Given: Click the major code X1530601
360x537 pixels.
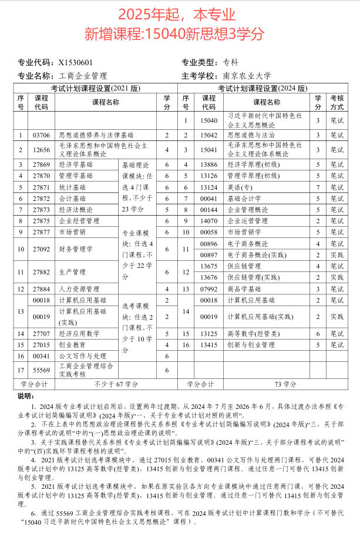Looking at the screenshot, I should tap(75, 63).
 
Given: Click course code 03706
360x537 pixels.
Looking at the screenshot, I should tap(42, 135).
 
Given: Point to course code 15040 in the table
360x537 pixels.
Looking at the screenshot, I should tap(209, 120).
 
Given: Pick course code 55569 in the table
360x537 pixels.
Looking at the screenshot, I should tap(42, 370).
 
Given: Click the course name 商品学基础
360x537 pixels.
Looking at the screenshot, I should tap(244, 288).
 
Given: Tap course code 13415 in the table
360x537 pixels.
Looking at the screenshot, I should tap(209, 345).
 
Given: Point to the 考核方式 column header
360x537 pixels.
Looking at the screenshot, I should tap(337, 102).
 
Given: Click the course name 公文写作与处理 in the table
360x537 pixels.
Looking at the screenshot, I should tap(83, 356).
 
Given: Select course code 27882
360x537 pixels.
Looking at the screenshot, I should tap(42, 272).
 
